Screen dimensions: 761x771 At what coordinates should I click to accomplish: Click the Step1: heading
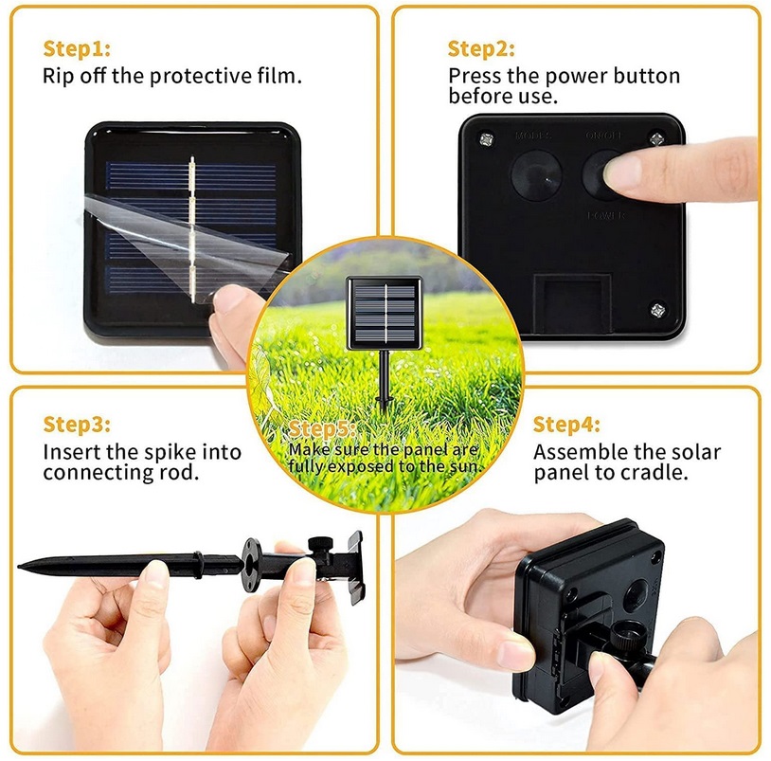(77, 47)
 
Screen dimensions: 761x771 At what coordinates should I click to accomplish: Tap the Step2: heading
(481, 49)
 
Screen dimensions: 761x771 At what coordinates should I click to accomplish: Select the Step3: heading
(77, 425)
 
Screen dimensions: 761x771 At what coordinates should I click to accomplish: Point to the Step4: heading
(566, 425)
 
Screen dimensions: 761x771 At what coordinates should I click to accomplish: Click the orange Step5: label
(322, 430)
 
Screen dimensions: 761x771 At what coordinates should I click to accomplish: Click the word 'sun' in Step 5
(470, 465)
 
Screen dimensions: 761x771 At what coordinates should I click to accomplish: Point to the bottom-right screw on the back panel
(655, 308)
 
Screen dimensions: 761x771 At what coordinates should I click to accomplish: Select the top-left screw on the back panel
(485, 139)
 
